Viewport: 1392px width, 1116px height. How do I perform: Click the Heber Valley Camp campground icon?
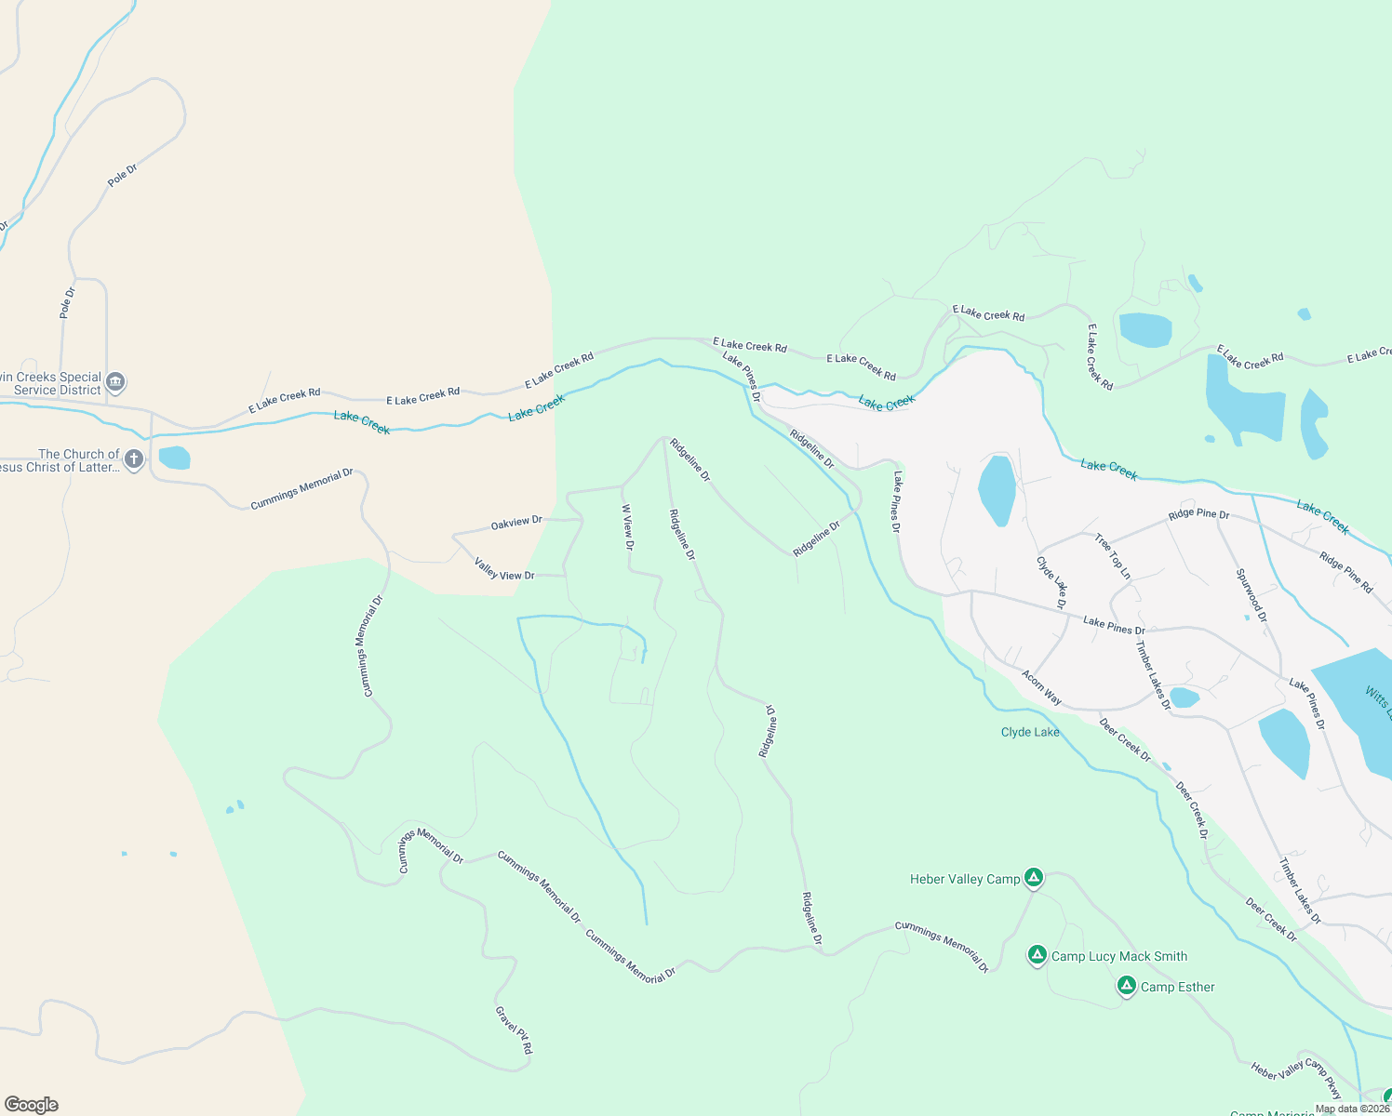click(x=1033, y=878)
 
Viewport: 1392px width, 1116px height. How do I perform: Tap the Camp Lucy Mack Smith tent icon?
click(x=1037, y=955)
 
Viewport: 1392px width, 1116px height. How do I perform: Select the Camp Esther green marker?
click(x=1127, y=986)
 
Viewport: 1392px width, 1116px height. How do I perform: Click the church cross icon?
click(x=134, y=459)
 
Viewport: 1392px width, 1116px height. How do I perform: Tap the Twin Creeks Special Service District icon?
click(x=115, y=382)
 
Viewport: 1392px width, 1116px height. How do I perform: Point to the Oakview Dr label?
click(x=516, y=524)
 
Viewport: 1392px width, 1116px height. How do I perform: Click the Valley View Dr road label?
click(x=504, y=569)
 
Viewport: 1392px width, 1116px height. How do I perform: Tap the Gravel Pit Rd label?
click(x=514, y=1030)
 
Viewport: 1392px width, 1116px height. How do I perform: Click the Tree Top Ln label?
click(x=1113, y=556)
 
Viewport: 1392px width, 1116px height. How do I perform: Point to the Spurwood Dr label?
click(x=1251, y=595)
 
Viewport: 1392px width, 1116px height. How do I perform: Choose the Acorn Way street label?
click(x=1041, y=687)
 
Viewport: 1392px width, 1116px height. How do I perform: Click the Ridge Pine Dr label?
click(x=1198, y=514)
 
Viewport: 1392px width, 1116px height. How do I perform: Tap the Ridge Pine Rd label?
click(x=1345, y=572)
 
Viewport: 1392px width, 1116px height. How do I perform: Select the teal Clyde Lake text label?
click(x=1030, y=732)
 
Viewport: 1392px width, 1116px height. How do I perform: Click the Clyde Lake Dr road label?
click(x=1051, y=582)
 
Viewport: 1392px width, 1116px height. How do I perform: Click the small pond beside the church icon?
click(x=174, y=458)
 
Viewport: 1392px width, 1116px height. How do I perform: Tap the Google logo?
click(x=32, y=1104)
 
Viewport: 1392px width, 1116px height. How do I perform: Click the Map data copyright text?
click(x=1352, y=1109)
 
